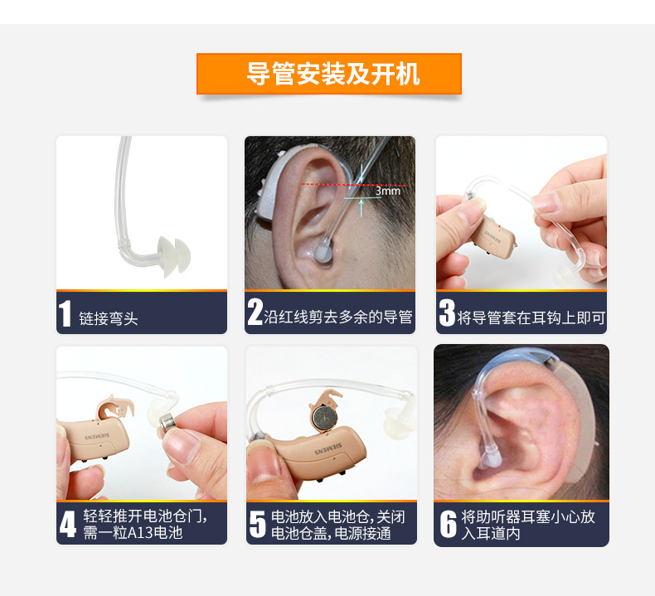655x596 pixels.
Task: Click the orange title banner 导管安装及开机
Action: [328, 74]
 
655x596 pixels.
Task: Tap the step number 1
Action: [65, 315]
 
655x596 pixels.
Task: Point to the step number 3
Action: [447, 313]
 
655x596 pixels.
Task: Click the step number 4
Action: [68, 524]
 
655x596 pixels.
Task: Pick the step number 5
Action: [258, 524]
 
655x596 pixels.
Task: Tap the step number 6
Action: [448, 524]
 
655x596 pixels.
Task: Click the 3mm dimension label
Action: [387, 191]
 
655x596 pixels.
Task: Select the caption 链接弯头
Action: [109, 318]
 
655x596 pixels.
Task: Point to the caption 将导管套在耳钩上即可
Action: [531, 317]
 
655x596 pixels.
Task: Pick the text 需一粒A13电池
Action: [133, 533]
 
